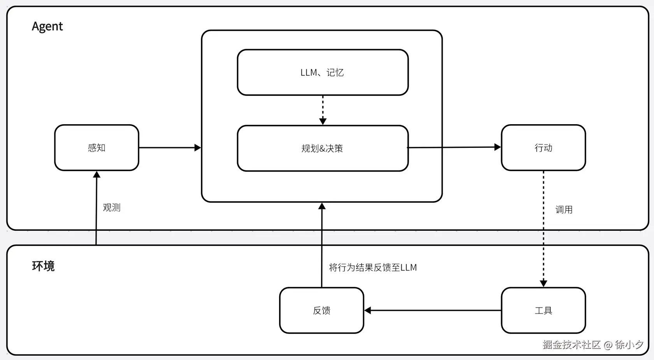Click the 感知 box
pos(97,148)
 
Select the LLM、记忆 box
pos(322,72)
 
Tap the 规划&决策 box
pos(322,148)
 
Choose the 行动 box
pos(543,148)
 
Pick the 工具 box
pos(543,311)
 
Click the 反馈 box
pos(322,311)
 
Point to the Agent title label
pos(47,26)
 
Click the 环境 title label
pos(43,266)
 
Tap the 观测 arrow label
pos(112,207)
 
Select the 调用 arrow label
pos(564,210)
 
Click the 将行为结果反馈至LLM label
pos(373,267)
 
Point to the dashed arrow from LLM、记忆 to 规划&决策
pos(323,109)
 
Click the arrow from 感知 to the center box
pos(169,148)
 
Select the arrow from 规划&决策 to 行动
pos(454,148)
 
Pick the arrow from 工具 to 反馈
pos(432,311)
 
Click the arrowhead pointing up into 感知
pos(97,175)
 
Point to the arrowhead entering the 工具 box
pos(543,283)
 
